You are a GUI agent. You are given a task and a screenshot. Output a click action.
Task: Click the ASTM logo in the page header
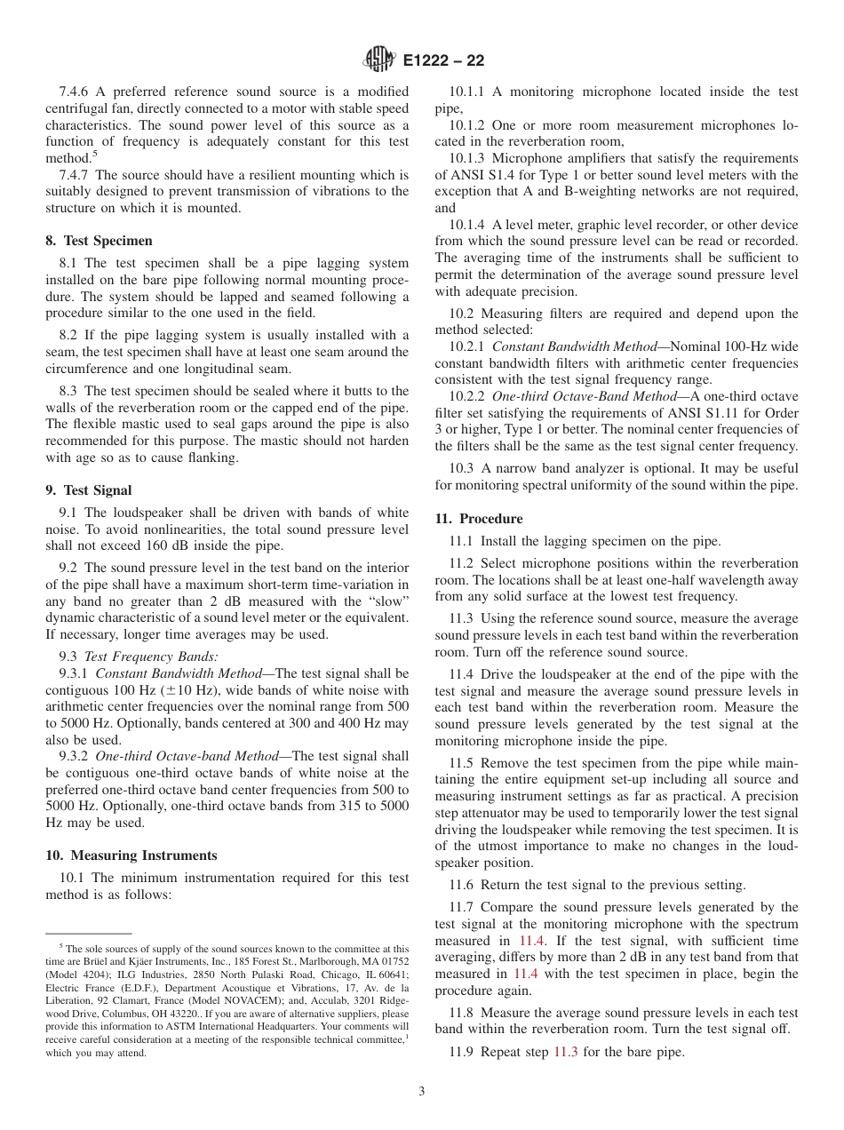tap(379, 60)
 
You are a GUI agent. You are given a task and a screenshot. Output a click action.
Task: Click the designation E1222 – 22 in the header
tap(443, 61)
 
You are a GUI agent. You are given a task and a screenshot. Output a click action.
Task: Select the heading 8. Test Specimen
tap(99, 241)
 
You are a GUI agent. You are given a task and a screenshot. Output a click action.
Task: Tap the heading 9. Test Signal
tap(88, 490)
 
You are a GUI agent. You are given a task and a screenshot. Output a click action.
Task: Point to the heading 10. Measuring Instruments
tap(131, 855)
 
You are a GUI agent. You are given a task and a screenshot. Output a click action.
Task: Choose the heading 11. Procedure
tap(478, 519)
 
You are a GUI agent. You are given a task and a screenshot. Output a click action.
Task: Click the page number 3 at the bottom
tap(422, 1092)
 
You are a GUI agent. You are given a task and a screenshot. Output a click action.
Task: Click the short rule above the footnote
tap(88, 934)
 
